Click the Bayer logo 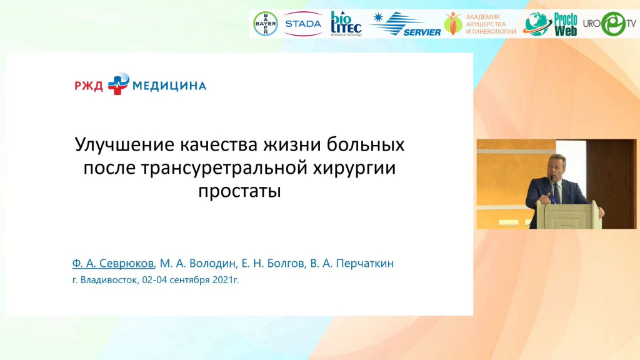pyautogui.click(x=266, y=24)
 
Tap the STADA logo pyautogui.click(x=303, y=24)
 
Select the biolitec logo pyautogui.click(x=346, y=24)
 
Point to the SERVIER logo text pyautogui.click(x=422, y=32)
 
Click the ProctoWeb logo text pyautogui.click(x=565, y=24)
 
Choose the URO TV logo pyautogui.click(x=609, y=24)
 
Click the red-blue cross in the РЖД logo pyautogui.click(x=118, y=84)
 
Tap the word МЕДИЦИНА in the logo pyautogui.click(x=169, y=86)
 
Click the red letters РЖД pyautogui.click(x=89, y=86)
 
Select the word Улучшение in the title pyautogui.click(x=124, y=144)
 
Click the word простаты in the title pyautogui.click(x=239, y=191)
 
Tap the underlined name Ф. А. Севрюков pyautogui.click(x=113, y=263)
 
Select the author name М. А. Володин pyautogui.click(x=197, y=263)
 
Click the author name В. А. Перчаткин pyautogui.click(x=352, y=263)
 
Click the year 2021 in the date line pyautogui.click(x=222, y=280)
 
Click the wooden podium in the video pyautogui.click(x=566, y=215)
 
